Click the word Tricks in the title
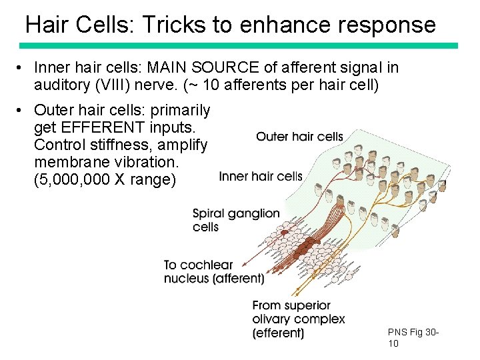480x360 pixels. [x=184, y=25]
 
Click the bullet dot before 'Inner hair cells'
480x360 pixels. [x=22, y=68]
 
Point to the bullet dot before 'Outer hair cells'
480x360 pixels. [x=22, y=110]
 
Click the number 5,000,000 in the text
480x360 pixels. [x=79, y=180]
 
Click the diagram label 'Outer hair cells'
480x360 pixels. [x=299, y=137]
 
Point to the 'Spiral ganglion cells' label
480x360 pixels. [x=235, y=220]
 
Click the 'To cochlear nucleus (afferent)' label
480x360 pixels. [x=213, y=271]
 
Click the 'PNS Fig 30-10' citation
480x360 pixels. [x=413, y=337]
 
